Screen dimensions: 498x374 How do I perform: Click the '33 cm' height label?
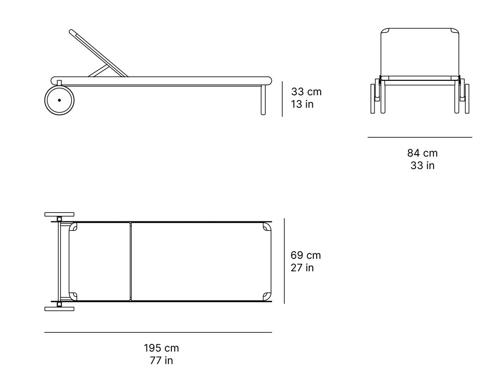[x=306, y=92]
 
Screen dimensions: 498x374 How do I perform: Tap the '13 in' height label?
[x=302, y=104]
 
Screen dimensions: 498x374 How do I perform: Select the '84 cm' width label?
[x=422, y=153]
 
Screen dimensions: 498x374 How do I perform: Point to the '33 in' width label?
[x=422, y=166]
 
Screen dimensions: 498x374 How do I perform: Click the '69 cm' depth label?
[x=306, y=255]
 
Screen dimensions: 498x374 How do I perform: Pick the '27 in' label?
[x=302, y=268]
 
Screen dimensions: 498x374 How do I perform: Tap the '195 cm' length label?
[x=161, y=348]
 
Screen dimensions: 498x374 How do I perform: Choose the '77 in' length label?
[x=161, y=361]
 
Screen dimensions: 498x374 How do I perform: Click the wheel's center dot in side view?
[x=59, y=100]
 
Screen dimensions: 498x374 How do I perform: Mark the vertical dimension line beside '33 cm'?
[x=282, y=99]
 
